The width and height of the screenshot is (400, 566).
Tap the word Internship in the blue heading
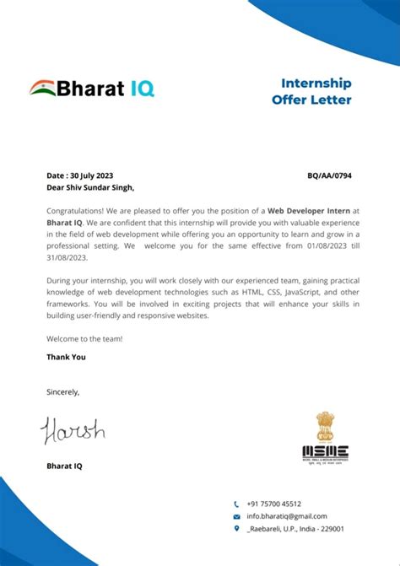click(x=316, y=84)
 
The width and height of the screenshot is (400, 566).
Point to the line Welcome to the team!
click(x=84, y=338)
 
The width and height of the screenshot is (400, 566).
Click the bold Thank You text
click(x=66, y=357)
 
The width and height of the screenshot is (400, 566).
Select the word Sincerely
click(x=62, y=391)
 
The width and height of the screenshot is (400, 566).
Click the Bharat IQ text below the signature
click(x=64, y=466)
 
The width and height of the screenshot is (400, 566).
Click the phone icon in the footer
click(x=236, y=504)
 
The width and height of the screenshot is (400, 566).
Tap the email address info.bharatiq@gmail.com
click(x=286, y=516)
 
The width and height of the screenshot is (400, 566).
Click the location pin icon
click(x=236, y=529)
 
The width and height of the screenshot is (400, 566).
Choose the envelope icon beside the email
click(x=236, y=516)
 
